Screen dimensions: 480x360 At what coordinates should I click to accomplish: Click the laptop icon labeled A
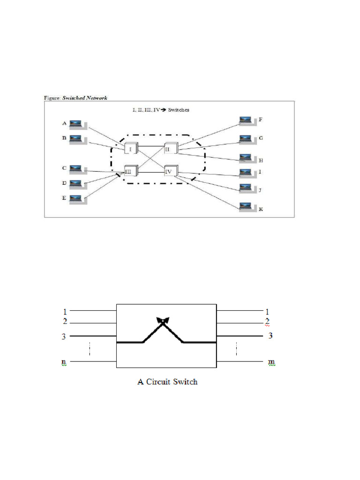[x=76, y=124]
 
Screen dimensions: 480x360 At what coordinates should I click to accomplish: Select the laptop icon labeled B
[x=76, y=139]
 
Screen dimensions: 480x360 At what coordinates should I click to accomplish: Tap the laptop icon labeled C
[x=76, y=168]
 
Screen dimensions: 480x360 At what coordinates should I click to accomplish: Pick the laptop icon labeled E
[x=76, y=198]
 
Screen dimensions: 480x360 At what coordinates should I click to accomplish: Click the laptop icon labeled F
[x=245, y=120]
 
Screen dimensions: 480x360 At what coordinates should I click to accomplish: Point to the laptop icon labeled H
[x=245, y=157]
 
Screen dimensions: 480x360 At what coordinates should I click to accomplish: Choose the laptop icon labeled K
[x=245, y=206]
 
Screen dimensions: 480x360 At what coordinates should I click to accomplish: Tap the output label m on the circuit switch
[x=271, y=362]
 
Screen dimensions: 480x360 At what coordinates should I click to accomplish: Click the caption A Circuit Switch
[x=167, y=382]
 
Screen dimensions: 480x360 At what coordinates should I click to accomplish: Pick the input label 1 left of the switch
[x=65, y=311]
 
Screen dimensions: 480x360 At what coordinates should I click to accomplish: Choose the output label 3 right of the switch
[x=270, y=336]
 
